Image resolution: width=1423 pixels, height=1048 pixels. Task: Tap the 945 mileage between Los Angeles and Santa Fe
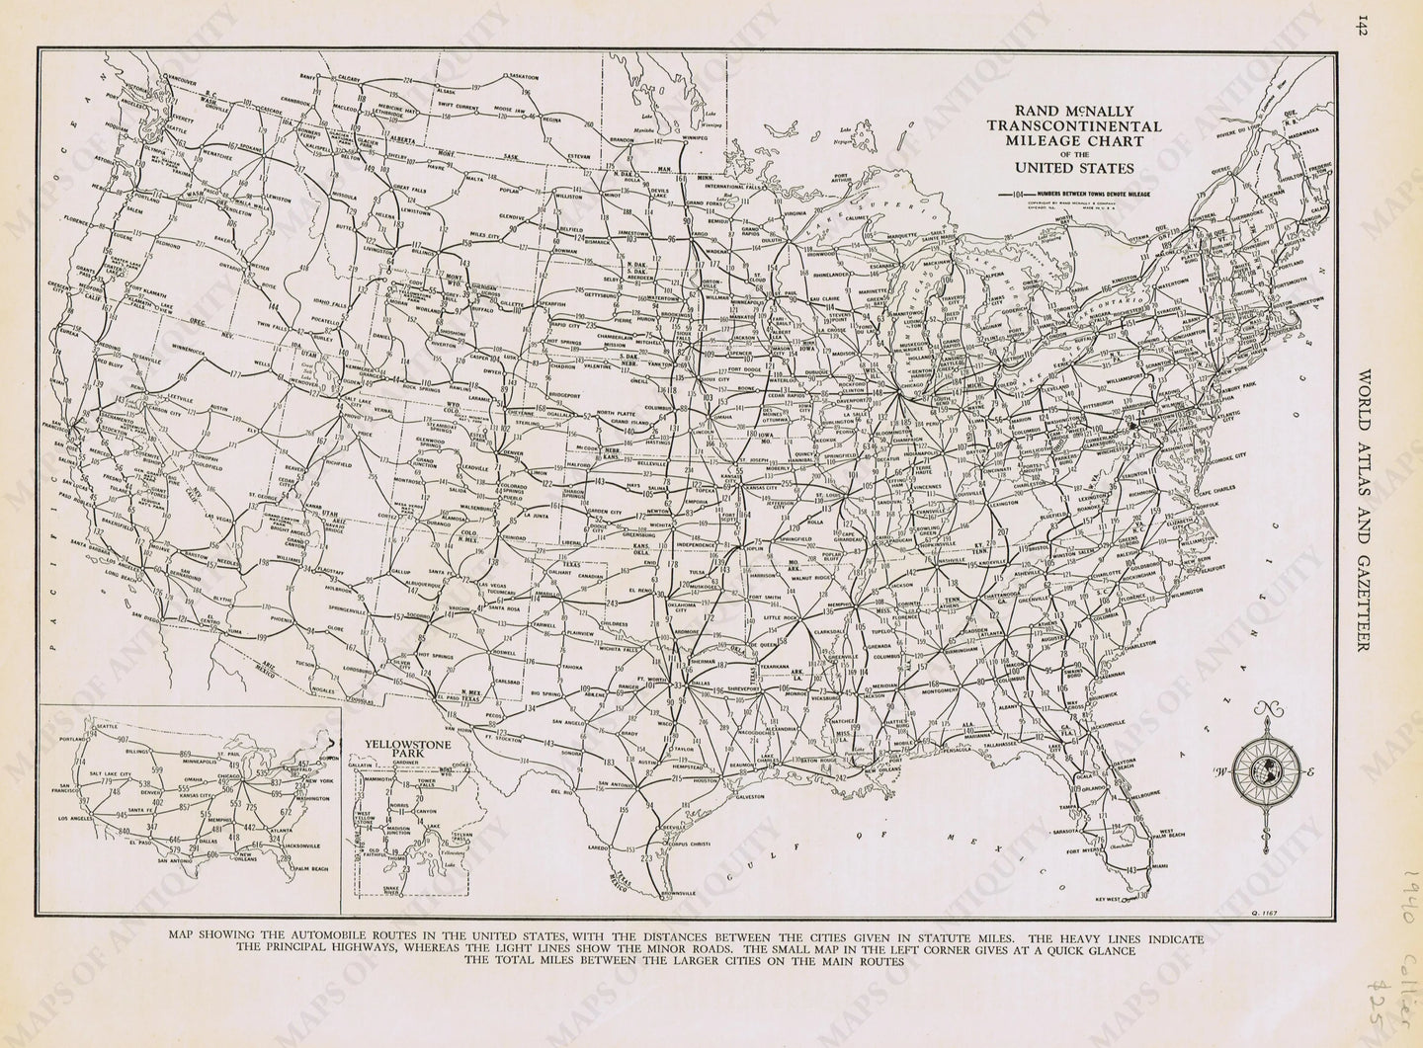(122, 814)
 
